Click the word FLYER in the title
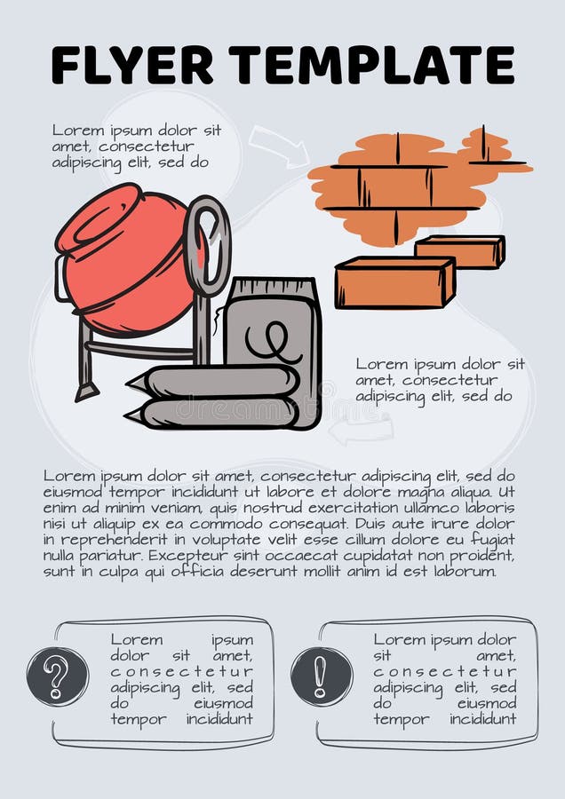[131, 64]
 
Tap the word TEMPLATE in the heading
[371, 64]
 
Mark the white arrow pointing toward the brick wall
[276, 145]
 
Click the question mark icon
[58, 676]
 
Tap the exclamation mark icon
[321, 676]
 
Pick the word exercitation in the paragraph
[354, 507]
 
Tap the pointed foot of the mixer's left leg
[85, 392]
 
